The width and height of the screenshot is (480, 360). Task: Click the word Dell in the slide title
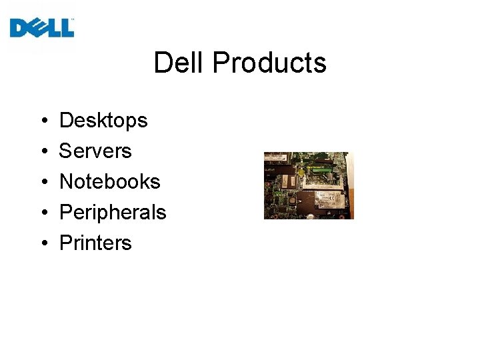tap(179, 63)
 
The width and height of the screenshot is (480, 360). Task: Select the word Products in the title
tap(270, 63)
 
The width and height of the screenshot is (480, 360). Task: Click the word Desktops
tap(103, 121)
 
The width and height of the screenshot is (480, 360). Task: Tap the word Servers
tap(95, 151)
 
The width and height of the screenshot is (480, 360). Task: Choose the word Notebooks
tap(110, 181)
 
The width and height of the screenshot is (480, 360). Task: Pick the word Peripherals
tap(113, 212)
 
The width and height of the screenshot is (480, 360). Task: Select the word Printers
tap(95, 243)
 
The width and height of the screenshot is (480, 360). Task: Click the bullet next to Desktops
tap(42, 121)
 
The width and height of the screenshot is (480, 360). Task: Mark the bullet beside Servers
tap(42, 152)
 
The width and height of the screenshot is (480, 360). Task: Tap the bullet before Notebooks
tap(42, 182)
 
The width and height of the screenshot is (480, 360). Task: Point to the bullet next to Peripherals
tap(42, 213)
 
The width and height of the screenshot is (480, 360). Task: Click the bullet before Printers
tap(42, 243)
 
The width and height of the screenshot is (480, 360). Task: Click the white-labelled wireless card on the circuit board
tap(329, 200)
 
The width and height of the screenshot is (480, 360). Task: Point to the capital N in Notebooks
tap(66, 181)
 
